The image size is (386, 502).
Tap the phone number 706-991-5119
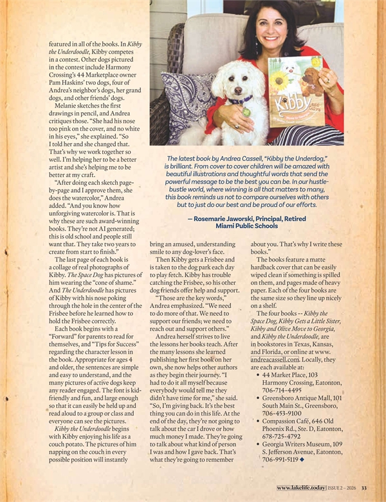tap(282, 462)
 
